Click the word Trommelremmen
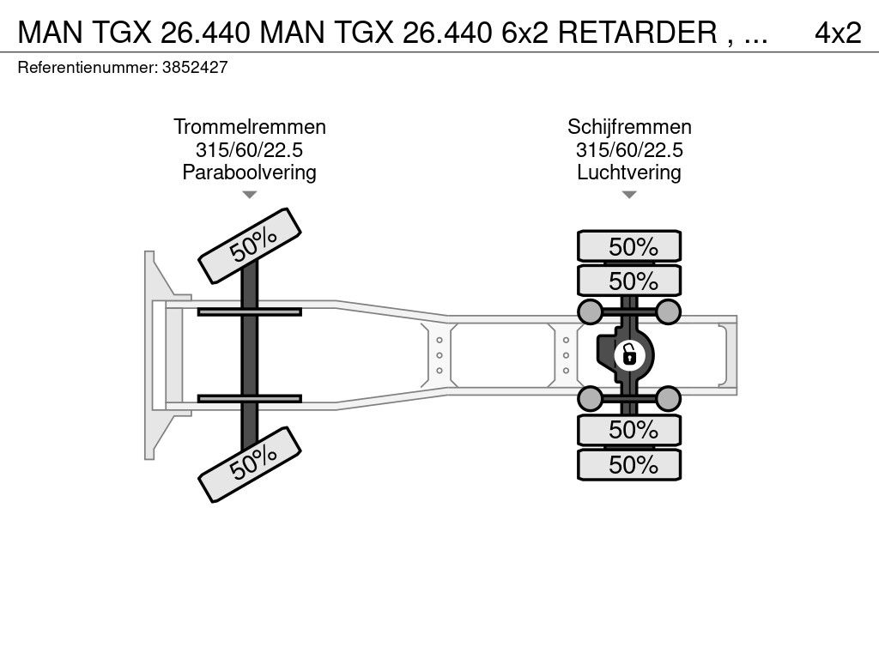(x=250, y=127)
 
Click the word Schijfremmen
(x=629, y=127)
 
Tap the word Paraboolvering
(x=250, y=172)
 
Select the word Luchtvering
(x=629, y=172)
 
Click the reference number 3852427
(x=195, y=67)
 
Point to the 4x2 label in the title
(x=838, y=33)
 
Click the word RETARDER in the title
(x=638, y=33)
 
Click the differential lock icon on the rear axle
(x=629, y=355)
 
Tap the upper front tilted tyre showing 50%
(x=250, y=246)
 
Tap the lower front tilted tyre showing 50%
(x=250, y=464)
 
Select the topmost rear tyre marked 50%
(x=629, y=246)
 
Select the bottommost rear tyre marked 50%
(x=629, y=464)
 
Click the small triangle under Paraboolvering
(x=250, y=195)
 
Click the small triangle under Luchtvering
(x=629, y=195)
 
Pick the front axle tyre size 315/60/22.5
(x=250, y=149)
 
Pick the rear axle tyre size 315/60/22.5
(x=629, y=149)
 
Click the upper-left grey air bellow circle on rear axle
(x=590, y=311)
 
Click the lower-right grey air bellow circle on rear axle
(x=668, y=398)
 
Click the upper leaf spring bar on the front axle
(x=250, y=311)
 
